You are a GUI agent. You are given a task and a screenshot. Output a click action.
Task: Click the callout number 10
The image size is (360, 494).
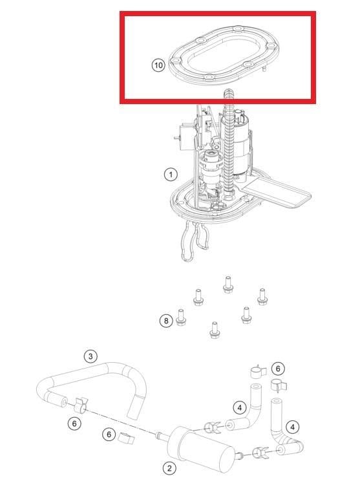(x=158, y=65)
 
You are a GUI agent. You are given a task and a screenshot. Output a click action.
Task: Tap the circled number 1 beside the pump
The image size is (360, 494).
(x=171, y=174)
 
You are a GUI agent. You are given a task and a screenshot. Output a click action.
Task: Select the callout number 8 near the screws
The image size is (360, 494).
(x=166, y=321)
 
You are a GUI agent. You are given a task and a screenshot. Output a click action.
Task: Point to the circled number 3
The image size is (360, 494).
(x=90, y=356)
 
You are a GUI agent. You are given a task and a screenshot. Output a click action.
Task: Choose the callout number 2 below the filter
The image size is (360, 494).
(x=169, y=468)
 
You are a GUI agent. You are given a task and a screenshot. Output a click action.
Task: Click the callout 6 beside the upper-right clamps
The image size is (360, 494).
(x=278, y=369)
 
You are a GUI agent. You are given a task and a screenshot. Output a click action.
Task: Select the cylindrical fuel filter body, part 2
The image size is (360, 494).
(x=202, y=449)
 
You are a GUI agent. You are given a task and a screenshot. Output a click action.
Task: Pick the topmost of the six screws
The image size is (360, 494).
(x=228, y=285)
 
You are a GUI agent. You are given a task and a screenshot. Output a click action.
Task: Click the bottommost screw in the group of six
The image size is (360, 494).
(x=215, y=330)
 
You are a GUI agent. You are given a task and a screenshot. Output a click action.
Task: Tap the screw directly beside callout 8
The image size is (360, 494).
(x=181, y=317)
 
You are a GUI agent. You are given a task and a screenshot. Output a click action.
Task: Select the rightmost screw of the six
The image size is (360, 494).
(x=262, y=297)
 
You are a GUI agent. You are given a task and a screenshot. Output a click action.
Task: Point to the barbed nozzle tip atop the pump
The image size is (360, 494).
(x=229, y=95)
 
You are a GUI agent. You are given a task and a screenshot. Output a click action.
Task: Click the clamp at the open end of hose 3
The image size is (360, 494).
(x=81, y=405)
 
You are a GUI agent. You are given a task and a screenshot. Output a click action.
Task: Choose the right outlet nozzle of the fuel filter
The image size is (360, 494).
(x=240, y=455)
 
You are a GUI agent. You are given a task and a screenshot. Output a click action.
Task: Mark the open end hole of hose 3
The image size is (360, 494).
(x=64, y=403)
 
